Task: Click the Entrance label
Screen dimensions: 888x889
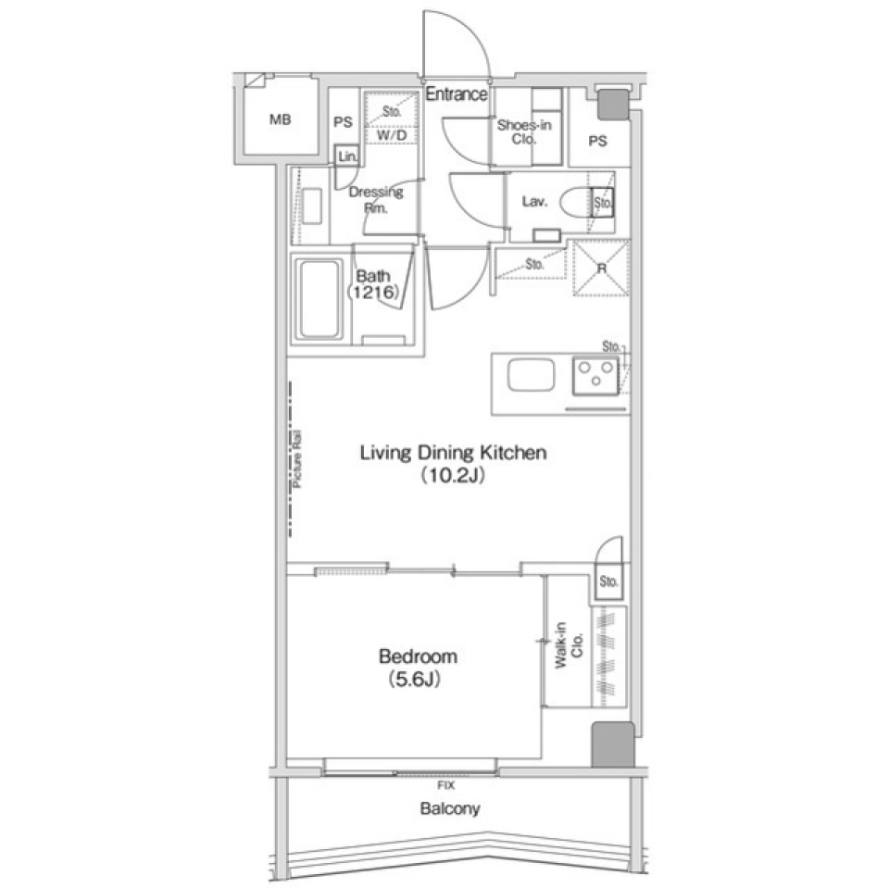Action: (x=457, y=94)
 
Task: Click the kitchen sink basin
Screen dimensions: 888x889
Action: (x=530, y=378)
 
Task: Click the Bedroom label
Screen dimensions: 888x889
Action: (x=419, y=657)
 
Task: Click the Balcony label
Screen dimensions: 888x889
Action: (x=450, y=808)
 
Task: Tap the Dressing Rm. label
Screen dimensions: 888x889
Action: (x=375, y=200)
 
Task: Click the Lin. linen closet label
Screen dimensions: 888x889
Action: (x=347, y=157)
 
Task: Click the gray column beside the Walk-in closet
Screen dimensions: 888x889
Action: (x=611, y=744)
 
